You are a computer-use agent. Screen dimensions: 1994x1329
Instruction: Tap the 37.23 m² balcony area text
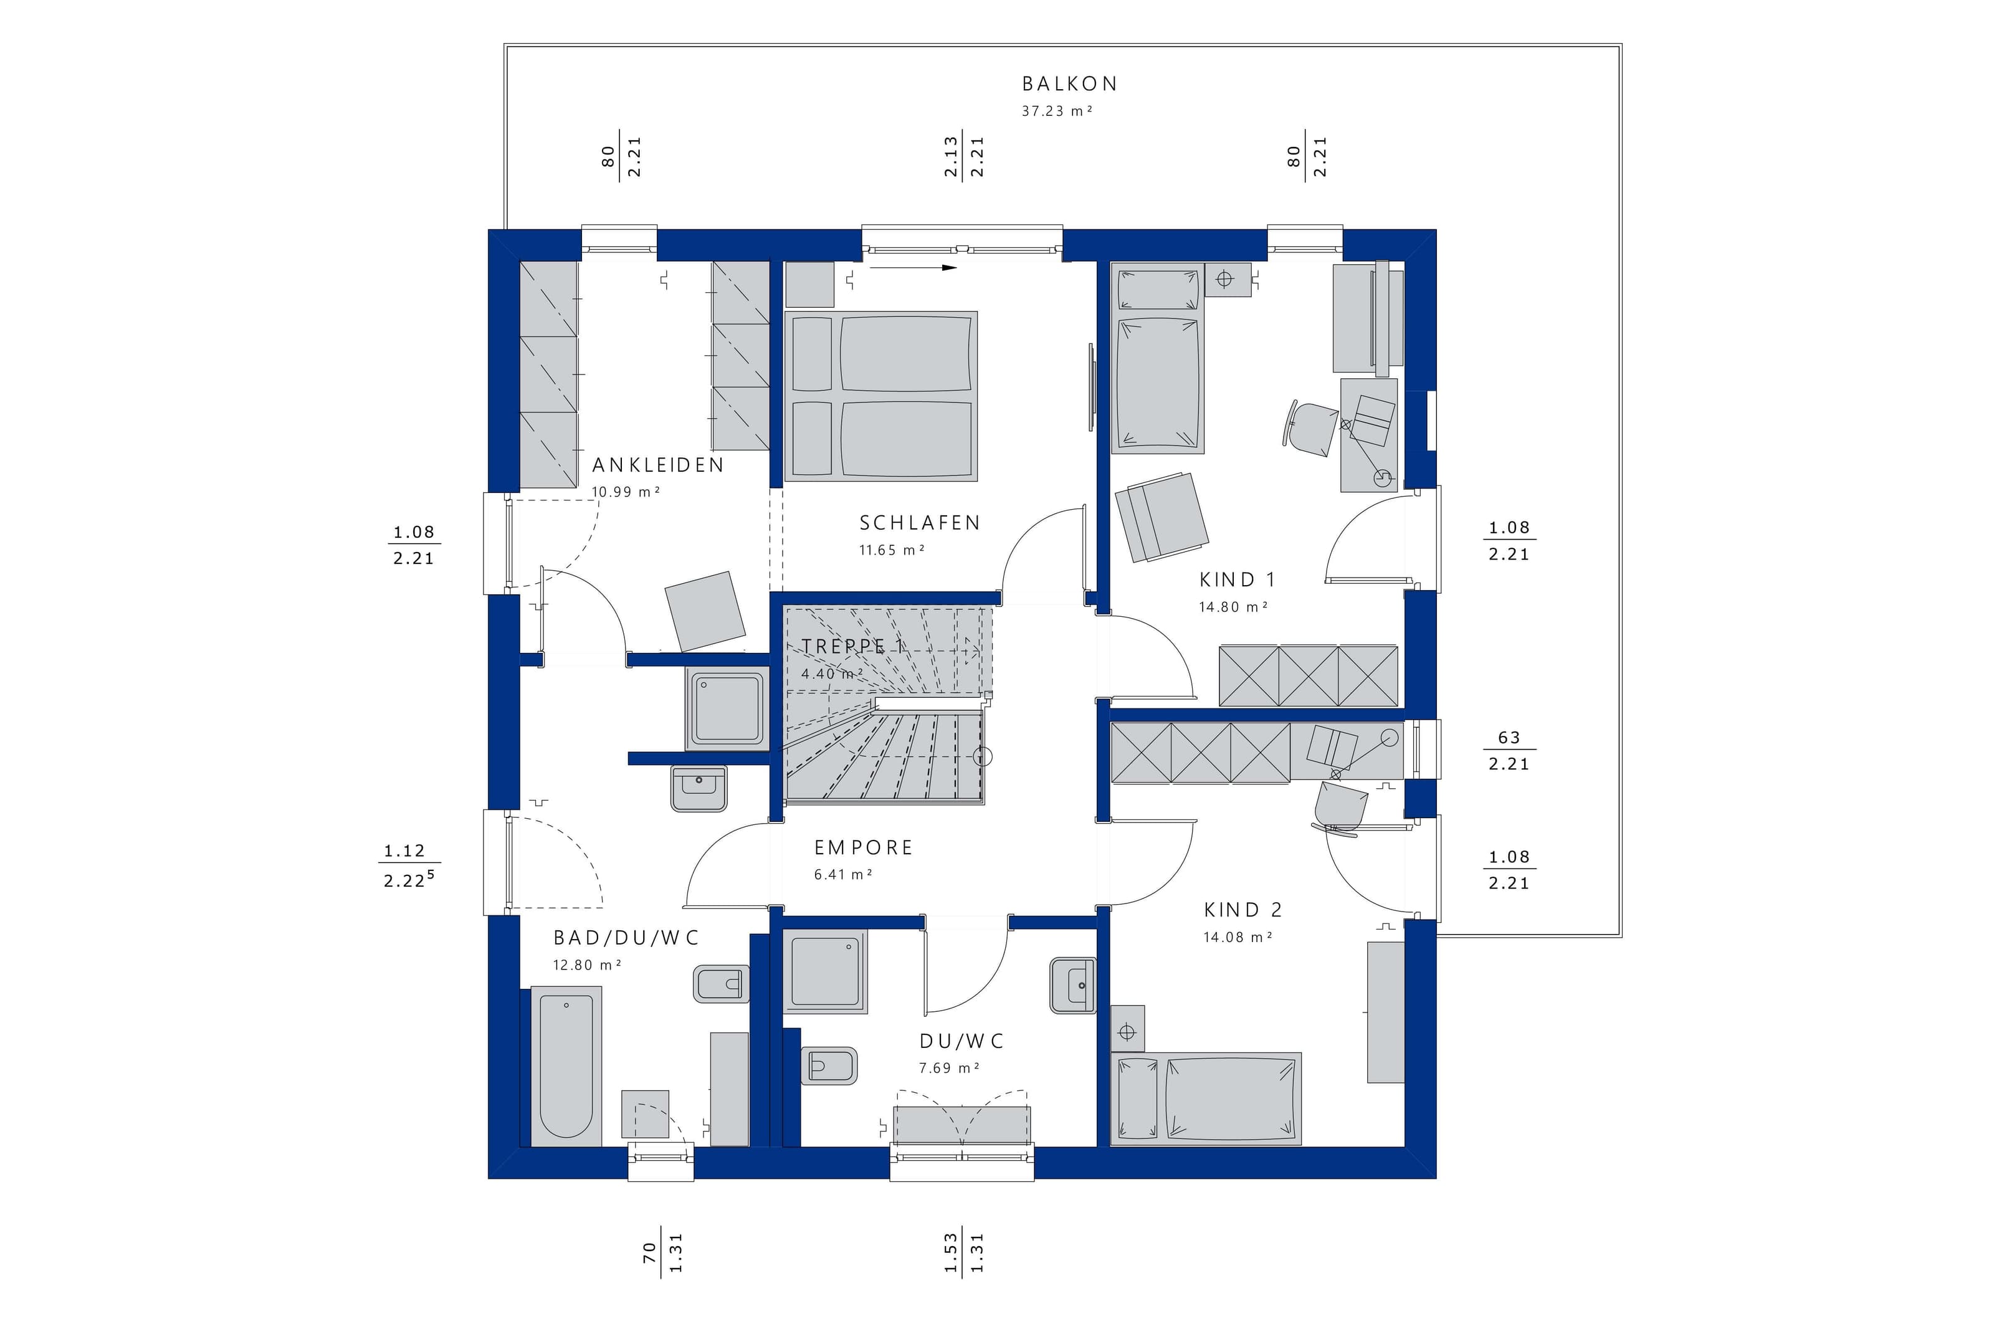pyautogui.click(x=1057, y=111)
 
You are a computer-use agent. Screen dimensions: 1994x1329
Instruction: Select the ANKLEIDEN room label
pyautogui.click(x=657, y=465)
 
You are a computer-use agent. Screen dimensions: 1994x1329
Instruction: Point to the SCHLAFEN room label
pyautogui.click(x=920, y=523)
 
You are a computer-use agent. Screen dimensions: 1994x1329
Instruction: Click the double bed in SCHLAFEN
pyautogui.click(x=881, y=396)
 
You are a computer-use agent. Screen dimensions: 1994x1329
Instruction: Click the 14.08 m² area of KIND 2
pyautogui.click(x=1238, y=938)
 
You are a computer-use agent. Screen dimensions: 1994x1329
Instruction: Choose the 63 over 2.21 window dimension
pyautogui.click(x=1509, y=750)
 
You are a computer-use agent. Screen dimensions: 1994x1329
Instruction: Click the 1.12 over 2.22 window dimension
pyautogui.click(x=411, y=865)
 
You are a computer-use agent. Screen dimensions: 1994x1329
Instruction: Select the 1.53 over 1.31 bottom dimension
pyautogui.click(x=963, y=1254)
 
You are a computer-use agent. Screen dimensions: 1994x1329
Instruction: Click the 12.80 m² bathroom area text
pyautogui.click(x=587, y=965)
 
